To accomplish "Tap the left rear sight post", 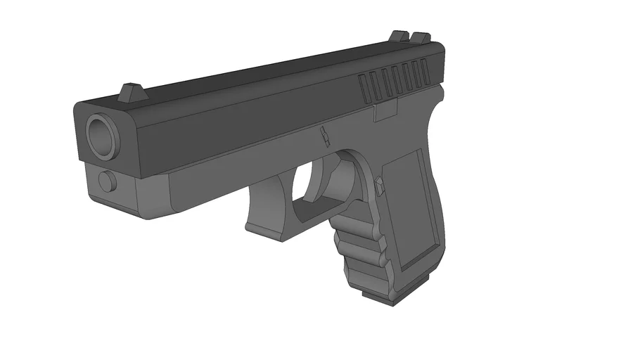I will coord(399,35).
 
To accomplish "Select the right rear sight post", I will coord(420,37).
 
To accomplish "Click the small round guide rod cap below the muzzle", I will coord(107,181).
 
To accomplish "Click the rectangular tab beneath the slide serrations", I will coord(385,110).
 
